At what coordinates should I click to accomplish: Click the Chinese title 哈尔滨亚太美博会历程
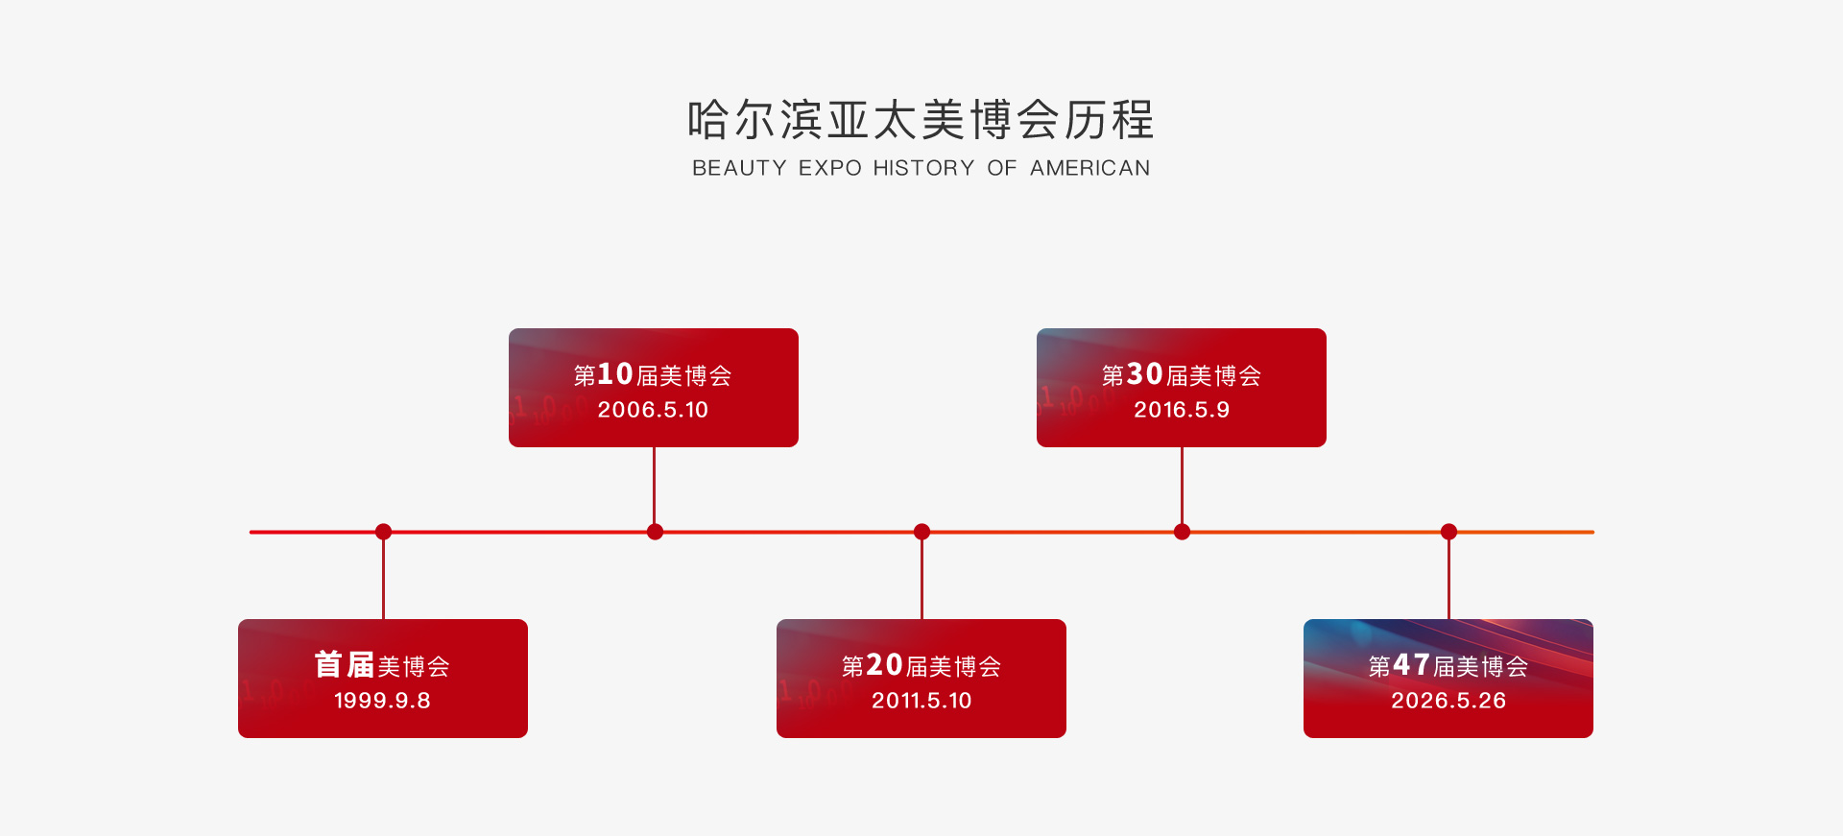click(x=921, y=120)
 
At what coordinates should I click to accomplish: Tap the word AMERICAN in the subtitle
click(x=1089, y=168)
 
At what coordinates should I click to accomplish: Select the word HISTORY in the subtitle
click(x=923, y=168)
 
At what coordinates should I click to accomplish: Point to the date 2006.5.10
click(x=653, y=410)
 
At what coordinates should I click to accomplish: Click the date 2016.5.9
click(x=1182, y=410)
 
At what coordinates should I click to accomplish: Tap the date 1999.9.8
click(x=382, y=701)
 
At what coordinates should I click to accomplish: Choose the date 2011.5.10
click(x=921, y=701)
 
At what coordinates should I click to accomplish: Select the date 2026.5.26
click(x=1448, y=701)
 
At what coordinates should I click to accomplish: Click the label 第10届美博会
click(x=653, y=374)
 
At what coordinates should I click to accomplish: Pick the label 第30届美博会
click(x=1182, y=374)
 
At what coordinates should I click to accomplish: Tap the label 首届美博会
click(x=382, y=665)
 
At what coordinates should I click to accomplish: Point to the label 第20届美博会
click(x=921, y=665)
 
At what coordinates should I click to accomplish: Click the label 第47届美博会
click(x=1448, y=665)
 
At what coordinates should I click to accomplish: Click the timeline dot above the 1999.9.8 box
click(x=383, y=532)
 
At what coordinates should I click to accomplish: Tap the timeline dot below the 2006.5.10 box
click(x=655, y=532)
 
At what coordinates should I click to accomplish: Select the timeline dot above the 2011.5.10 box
click(x=921, y=532)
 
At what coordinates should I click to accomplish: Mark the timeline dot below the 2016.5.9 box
click(x=1182, y=532)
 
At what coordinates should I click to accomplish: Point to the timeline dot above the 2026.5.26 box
click(x=1448, y=532)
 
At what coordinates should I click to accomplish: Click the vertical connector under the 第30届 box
click(x=1182, y=486)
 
